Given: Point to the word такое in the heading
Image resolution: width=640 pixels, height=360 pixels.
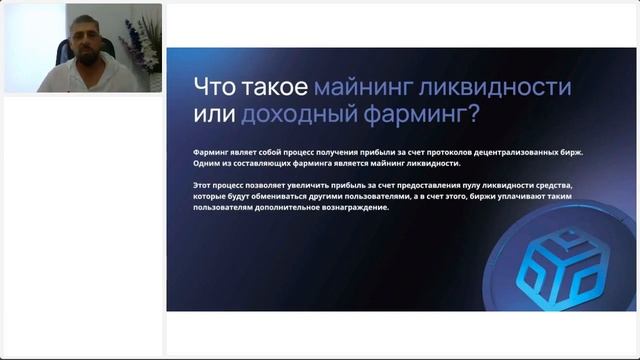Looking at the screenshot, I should click(276, 87).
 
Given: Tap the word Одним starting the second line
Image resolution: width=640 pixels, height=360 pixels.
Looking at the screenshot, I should click(210, 163).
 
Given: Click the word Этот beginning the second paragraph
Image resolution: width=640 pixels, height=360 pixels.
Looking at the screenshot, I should click(207, 186).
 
